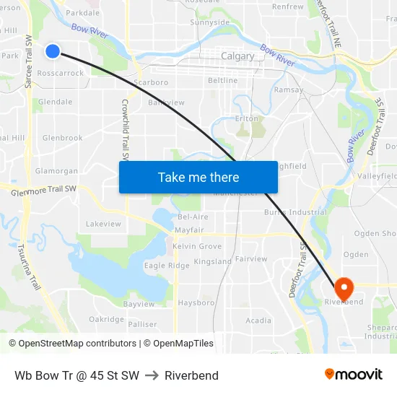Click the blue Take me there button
(x=198, y=177)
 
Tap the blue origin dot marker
(x=53, y=51)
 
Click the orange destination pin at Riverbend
(x=344, y=289)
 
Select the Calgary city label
(x=237, y=56)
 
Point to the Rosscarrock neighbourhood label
(x=61, y=74)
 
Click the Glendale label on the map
(x=56, y=102)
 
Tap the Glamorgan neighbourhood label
(x=56, y=171)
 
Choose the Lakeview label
(x=103, y=224)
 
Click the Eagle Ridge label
(x=167, y=266)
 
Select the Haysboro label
(x=196, y=302)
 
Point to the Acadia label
(x=258, y=320)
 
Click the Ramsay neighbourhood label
(x=289, y=90)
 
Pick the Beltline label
(x=222, y=80)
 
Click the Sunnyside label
(x=209, y=22)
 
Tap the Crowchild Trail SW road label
(x=124, y=130)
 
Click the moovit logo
(x=354, y=374)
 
